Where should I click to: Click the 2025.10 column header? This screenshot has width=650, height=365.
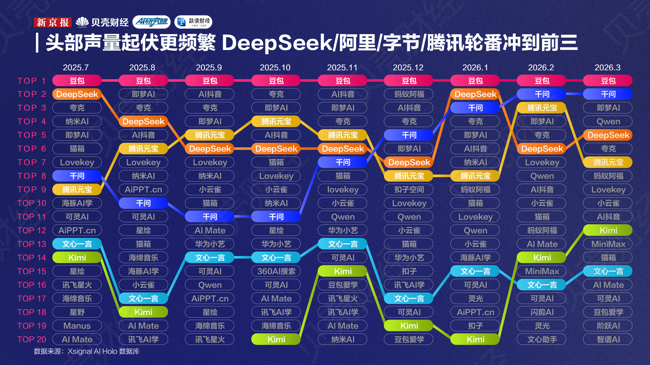pyautogui.click(x=275, y=68)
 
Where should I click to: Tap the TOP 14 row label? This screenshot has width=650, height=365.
pyautogui.click(x=31, y=258)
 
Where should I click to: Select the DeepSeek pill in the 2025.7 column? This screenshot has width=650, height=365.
pyautogui.click(x=77, y=94)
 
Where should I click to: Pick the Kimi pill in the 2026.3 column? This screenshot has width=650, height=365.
pyautogui.click(x=608, y=230)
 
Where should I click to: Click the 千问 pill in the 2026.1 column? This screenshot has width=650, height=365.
pyautogui.click(x=475, y=108)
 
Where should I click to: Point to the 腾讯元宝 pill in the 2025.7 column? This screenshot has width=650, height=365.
pyautogui.click(x=77, y=190)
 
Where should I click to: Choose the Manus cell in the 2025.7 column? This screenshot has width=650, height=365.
pyautogui.click(x=77, y=326)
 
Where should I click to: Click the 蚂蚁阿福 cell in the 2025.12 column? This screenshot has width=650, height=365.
pyautogui.click(x=409, y=94)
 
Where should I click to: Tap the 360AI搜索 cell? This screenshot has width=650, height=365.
pyautogui.click(x=276, y=271)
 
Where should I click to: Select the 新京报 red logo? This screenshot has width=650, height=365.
pyautogui.click(x=52, y=22)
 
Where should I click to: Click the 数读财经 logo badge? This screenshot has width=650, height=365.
pyautogui.click(x=193, y=22)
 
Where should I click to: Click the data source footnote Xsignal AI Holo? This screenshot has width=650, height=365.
pyautogui.click(x=87, y=351)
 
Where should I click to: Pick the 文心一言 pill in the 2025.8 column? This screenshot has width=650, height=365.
pyautogui.click(x=143, y=299)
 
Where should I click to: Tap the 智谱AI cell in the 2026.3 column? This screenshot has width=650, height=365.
pyautogui.click(x=608, y=340)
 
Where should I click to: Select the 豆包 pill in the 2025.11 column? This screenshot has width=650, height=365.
pyautogui.click(x=343, y=81)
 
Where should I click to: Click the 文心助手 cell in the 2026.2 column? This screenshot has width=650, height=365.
pyautogui.click(x=542, y=340)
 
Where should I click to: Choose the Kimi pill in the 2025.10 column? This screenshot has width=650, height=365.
pyautogui.click(x=276, y=340)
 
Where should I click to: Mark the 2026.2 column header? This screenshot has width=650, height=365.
pyautogui.click(x=541, y=68)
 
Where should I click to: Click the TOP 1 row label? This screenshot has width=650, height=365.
pyautogui.click(x=31, y=81)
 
